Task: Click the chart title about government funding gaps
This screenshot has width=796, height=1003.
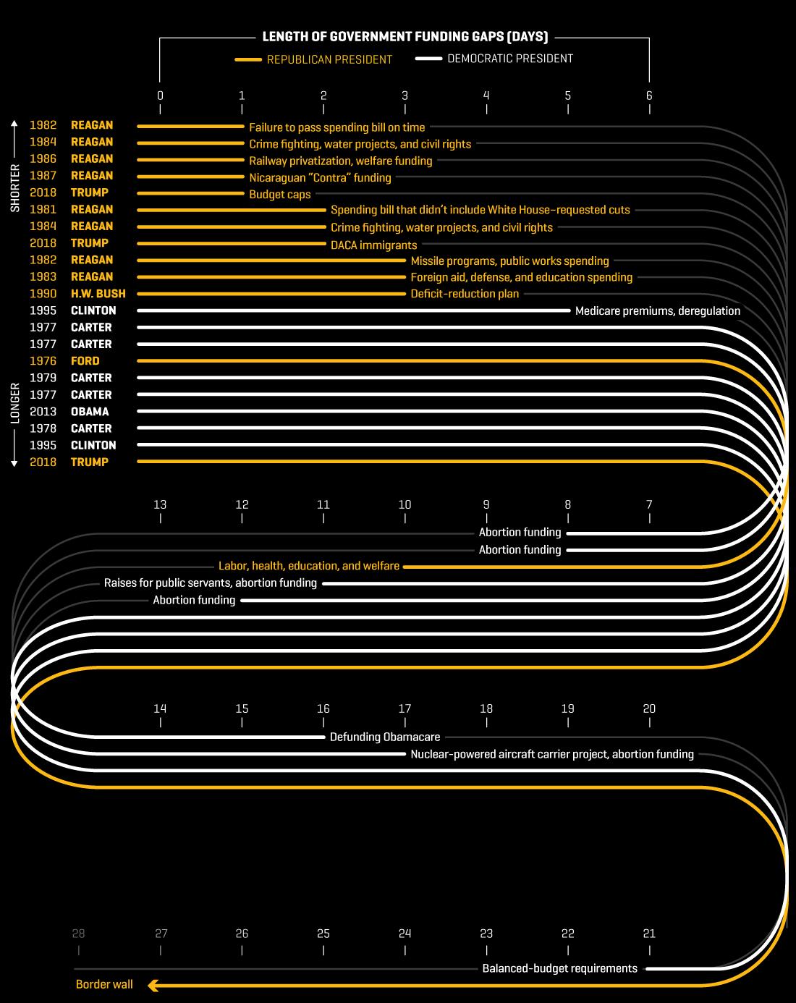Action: [405, 37]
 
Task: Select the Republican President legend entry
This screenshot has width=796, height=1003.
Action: [313, 59]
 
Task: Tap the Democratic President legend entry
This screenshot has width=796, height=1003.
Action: [494, 59]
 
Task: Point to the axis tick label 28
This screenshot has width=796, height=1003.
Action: [78, 934]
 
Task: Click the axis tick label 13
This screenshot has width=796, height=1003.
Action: [160, 505]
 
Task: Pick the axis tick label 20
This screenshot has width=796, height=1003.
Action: [649, 709]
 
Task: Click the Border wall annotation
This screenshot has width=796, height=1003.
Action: [104, 984]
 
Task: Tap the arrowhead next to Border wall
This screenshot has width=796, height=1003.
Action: [153, 986]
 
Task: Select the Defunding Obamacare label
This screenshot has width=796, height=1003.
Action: [385, 737]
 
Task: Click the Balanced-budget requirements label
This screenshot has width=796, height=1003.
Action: [559, 968]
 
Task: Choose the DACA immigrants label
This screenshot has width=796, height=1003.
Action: [374, 245]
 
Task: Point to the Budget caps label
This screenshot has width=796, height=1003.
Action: [279, 195]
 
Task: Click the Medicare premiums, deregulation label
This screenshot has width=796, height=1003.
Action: [658, 311]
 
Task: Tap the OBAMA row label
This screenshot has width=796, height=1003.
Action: [90, 412]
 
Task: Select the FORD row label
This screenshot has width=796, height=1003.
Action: [85, 360]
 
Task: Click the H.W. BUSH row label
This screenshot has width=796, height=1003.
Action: [98, 294]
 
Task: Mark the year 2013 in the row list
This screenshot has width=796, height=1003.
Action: [43, 412]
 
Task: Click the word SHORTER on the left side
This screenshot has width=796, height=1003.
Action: [15, 188]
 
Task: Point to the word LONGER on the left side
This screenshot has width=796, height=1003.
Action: [15, 403]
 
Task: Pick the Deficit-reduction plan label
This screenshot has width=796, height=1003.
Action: [465, 294]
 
